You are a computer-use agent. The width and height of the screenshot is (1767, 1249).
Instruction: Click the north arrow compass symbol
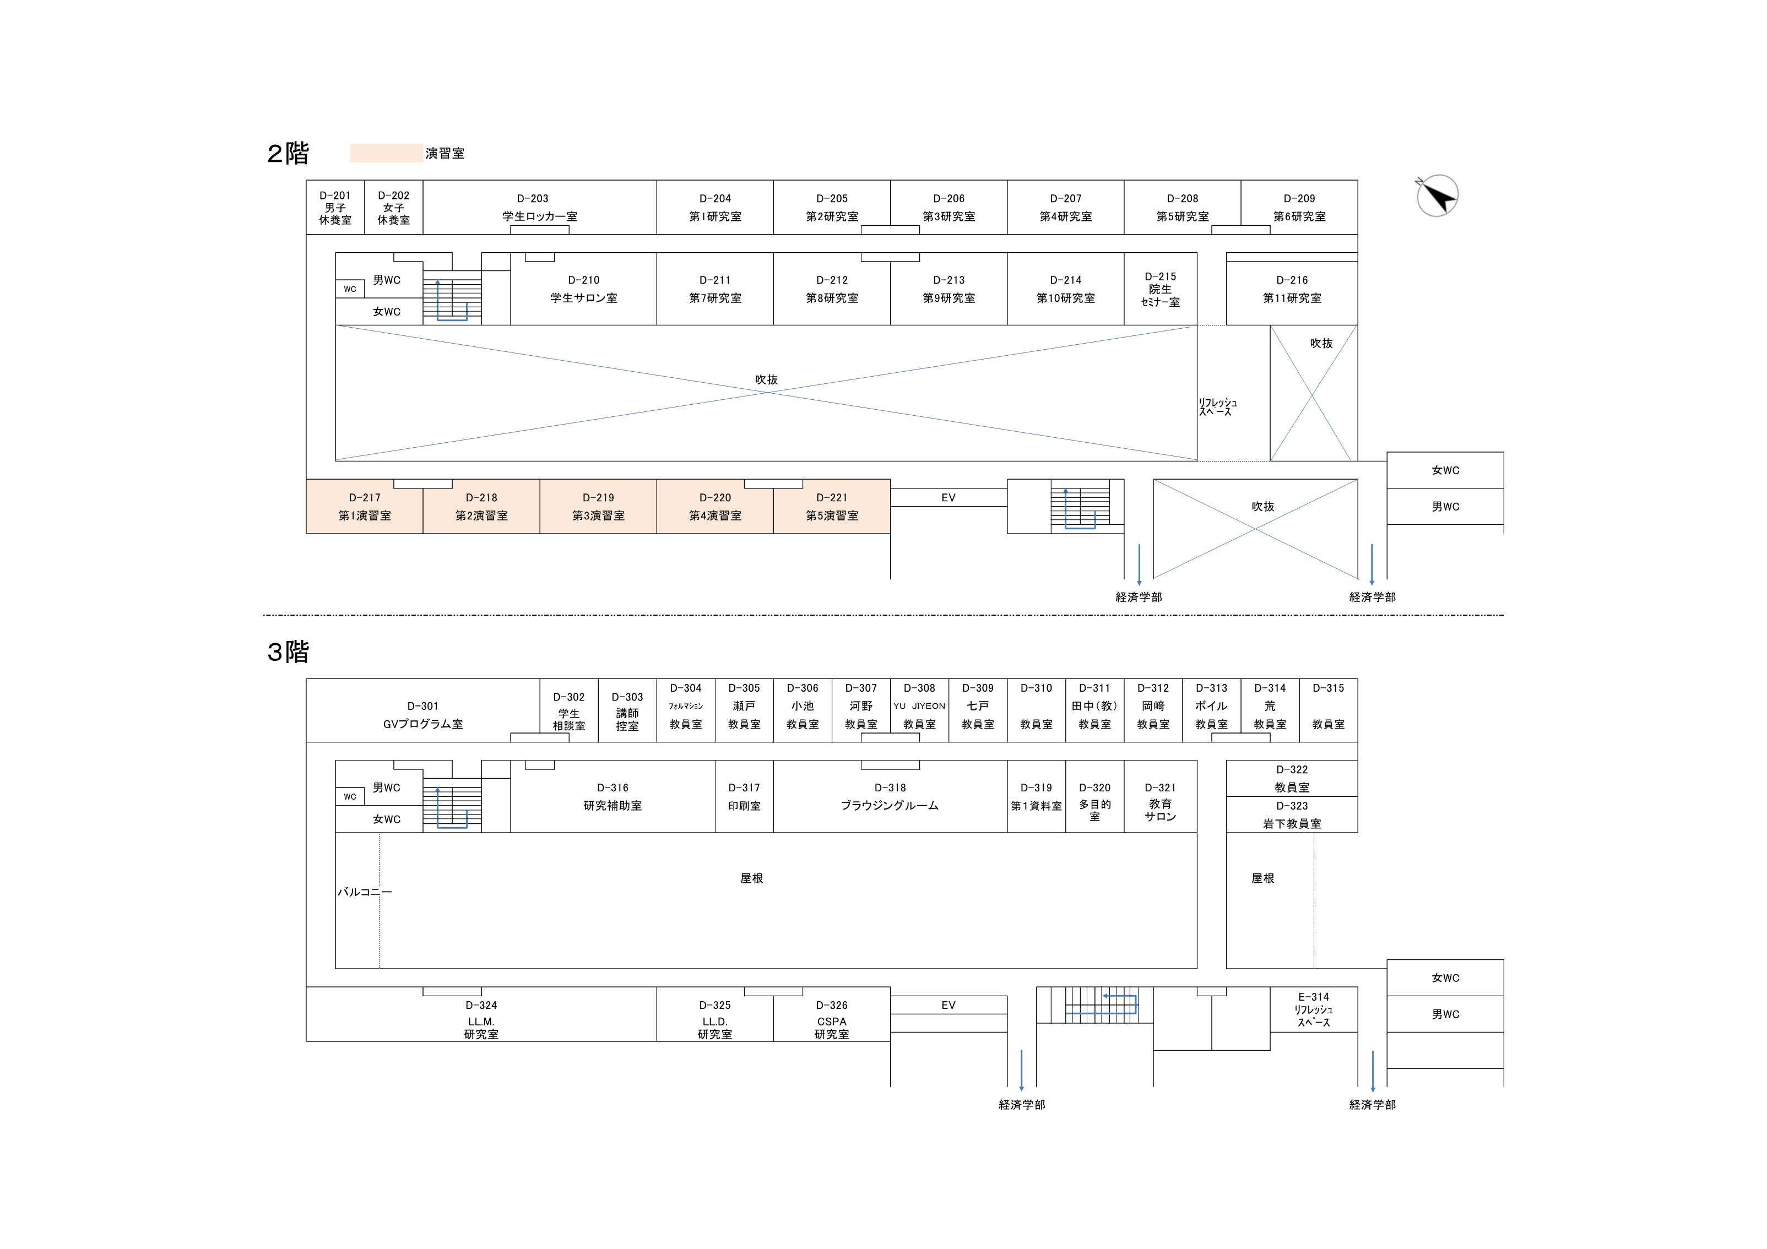tap(1437, 196)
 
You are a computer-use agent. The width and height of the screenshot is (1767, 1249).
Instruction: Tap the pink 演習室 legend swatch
tap(386, 153)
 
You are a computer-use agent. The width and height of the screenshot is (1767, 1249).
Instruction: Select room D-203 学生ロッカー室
tap(539, 207)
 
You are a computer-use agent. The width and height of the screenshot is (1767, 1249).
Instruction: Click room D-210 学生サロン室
tap(583, 289)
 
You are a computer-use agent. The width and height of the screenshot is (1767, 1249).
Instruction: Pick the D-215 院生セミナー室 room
tap(1160, 289)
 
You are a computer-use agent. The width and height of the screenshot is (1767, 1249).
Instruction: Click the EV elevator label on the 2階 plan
tap(948, 498)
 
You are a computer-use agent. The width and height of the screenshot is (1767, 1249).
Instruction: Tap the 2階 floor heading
tap(288, 153)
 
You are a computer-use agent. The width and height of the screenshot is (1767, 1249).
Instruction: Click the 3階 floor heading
tap(288, 652)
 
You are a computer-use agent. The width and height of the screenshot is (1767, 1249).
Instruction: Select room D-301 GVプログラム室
tap(422, 714)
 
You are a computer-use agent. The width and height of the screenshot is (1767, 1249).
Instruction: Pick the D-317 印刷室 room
tap(744, 796)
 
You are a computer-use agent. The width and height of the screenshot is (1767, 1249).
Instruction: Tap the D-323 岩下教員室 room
tap(1292, 815)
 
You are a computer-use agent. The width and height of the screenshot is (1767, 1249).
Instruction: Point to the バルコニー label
tap(364, 892)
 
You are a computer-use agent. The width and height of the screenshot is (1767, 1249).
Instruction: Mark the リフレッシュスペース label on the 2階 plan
tap(1217, 407)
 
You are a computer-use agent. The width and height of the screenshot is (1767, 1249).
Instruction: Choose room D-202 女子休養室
tap(393, 208)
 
